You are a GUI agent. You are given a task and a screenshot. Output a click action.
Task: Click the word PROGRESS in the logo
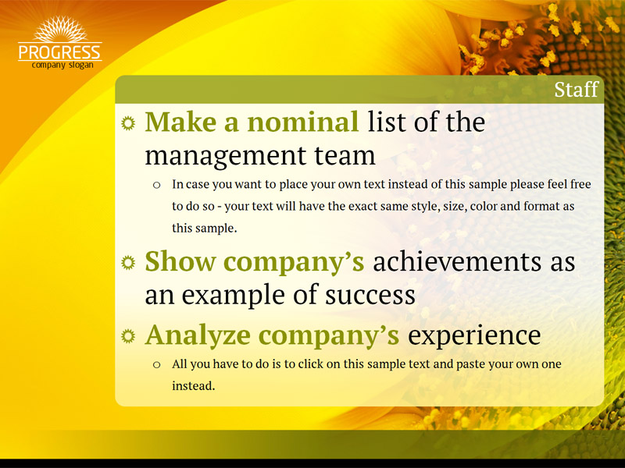click(60, 52)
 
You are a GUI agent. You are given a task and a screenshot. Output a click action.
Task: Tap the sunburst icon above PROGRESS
click(60, 29)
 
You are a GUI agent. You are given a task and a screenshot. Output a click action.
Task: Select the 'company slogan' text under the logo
click(62, 65)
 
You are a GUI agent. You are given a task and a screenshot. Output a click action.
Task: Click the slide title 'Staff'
click(577, 90)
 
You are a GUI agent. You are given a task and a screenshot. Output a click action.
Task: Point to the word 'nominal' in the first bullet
click(303, 122)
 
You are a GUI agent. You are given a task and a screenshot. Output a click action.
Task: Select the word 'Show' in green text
click(180, 261)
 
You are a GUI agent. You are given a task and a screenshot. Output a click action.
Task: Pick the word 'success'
click(370, 296)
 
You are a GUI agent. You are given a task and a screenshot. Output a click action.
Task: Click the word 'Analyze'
click(198, 335)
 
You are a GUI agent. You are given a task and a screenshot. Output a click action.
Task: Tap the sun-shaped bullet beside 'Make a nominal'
click(128, 123)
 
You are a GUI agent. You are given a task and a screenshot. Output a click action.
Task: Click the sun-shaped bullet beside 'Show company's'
click(128, 263)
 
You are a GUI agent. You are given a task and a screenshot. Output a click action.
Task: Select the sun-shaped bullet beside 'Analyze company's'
click(128, 336)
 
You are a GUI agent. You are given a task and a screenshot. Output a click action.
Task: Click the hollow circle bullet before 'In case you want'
click(157, 185)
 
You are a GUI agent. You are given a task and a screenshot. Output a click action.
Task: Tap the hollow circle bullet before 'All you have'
click(157, 364)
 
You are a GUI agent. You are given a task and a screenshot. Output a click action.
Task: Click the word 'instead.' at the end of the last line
click(193, 385)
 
